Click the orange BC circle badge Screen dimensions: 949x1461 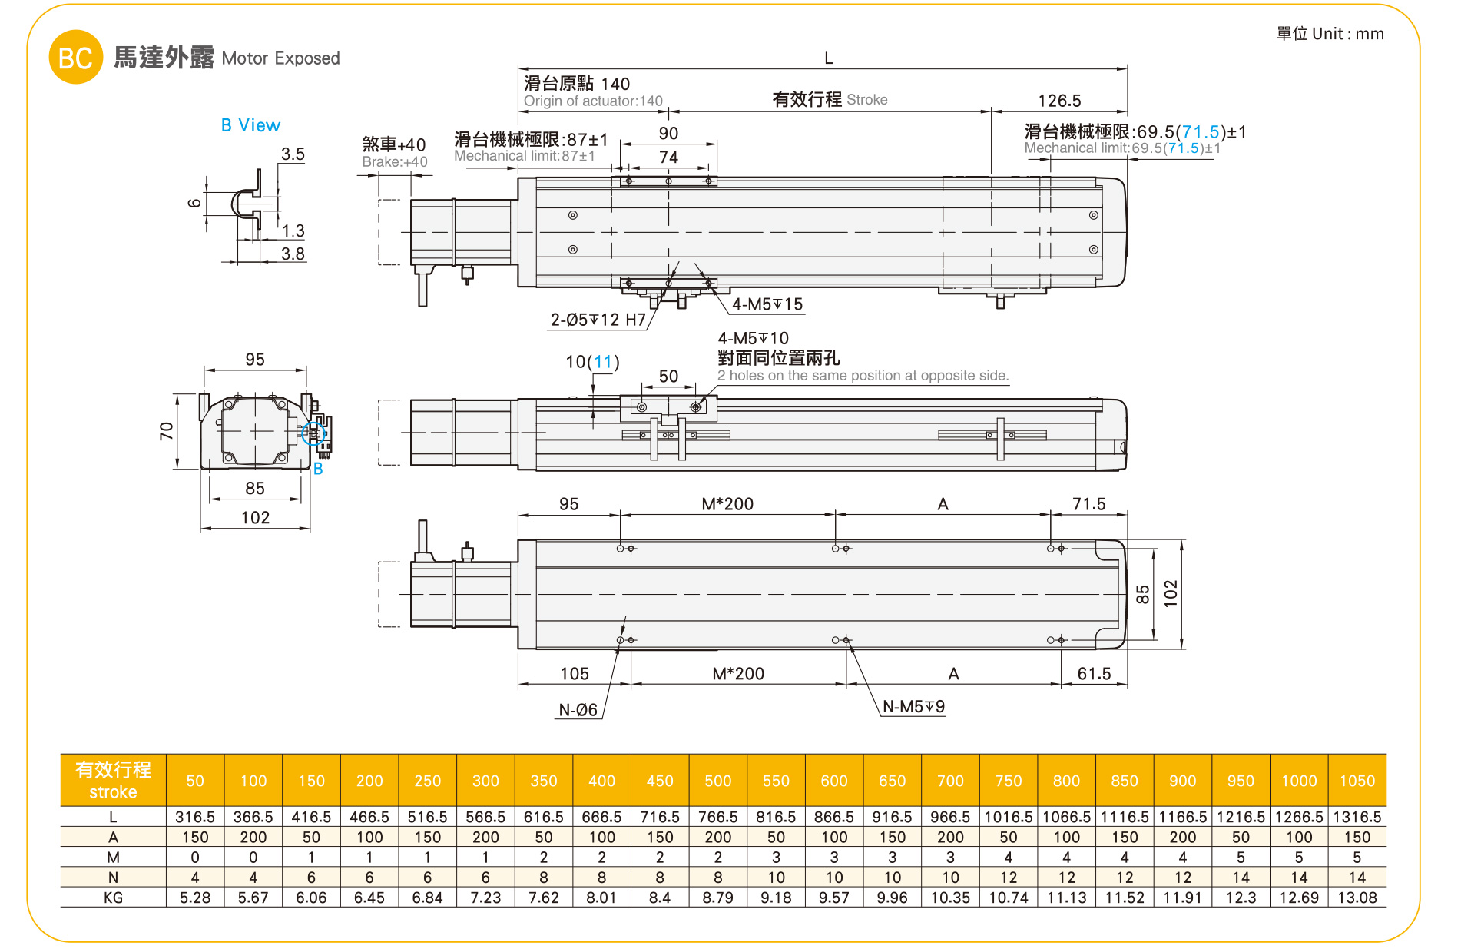click(x=75, y=58)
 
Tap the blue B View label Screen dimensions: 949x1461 click(x=250, y=125)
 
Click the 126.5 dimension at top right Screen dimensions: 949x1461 click(x=1059, y=101)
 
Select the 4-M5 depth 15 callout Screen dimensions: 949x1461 click(x=767, y=304)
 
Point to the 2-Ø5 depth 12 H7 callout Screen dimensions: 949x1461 click(x=598, y=320)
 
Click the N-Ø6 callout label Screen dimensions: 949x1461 click(x=578, y=710)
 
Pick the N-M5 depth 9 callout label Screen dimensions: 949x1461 click(x=913, y=707)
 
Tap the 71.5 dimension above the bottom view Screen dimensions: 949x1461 click(x=1088, y=504)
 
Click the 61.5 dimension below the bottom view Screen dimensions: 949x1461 click(x=1094, y=674)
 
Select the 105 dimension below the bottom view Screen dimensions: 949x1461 click(x=575, y=674)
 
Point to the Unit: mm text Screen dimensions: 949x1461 click(x=1330, y=34)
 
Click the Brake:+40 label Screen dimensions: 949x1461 click(x=394, y=162)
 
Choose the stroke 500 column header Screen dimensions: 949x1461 click(x=717, y=781)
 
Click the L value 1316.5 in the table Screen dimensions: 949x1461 click(x=1357, y=817)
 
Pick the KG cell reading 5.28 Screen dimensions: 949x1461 click(x=195, y=898)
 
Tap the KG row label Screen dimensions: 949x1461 click(x=113, y=898)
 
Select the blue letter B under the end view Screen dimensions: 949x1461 click(x=318, y=469)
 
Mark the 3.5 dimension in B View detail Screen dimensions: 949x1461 click(x=293, y=154)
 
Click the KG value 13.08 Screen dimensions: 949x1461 click(x=1357, y=898)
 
